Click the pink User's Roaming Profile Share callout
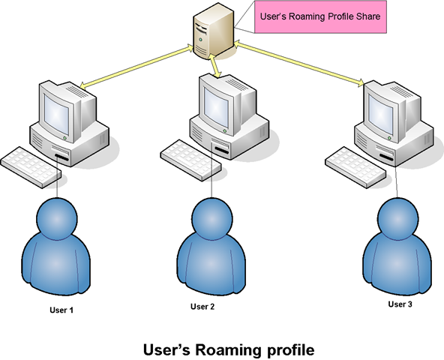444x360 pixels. pos(320,16)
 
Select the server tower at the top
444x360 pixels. pos(214,31)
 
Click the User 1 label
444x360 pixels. pos(61,310)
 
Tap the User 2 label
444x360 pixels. pos(202,307)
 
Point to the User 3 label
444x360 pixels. pos(400,304)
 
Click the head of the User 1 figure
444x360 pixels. pos(57,219)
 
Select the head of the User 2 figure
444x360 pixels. pos(212,219)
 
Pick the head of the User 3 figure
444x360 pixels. pos(397,219)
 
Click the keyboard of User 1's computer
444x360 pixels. pos(31,167)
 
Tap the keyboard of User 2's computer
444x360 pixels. pos(190,160)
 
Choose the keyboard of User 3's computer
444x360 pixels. pos(355,167)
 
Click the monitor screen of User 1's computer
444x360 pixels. pos(56,114)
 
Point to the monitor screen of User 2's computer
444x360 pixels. pos(216,107)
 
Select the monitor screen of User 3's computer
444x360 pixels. pos(381,114)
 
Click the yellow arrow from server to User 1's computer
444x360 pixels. pos(136,67)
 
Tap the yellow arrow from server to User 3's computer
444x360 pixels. pos(299,64)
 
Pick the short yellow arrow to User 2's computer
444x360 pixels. pos(215,66)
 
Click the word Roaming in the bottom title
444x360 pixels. pos(228,350)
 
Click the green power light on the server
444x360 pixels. pos(201,40)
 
